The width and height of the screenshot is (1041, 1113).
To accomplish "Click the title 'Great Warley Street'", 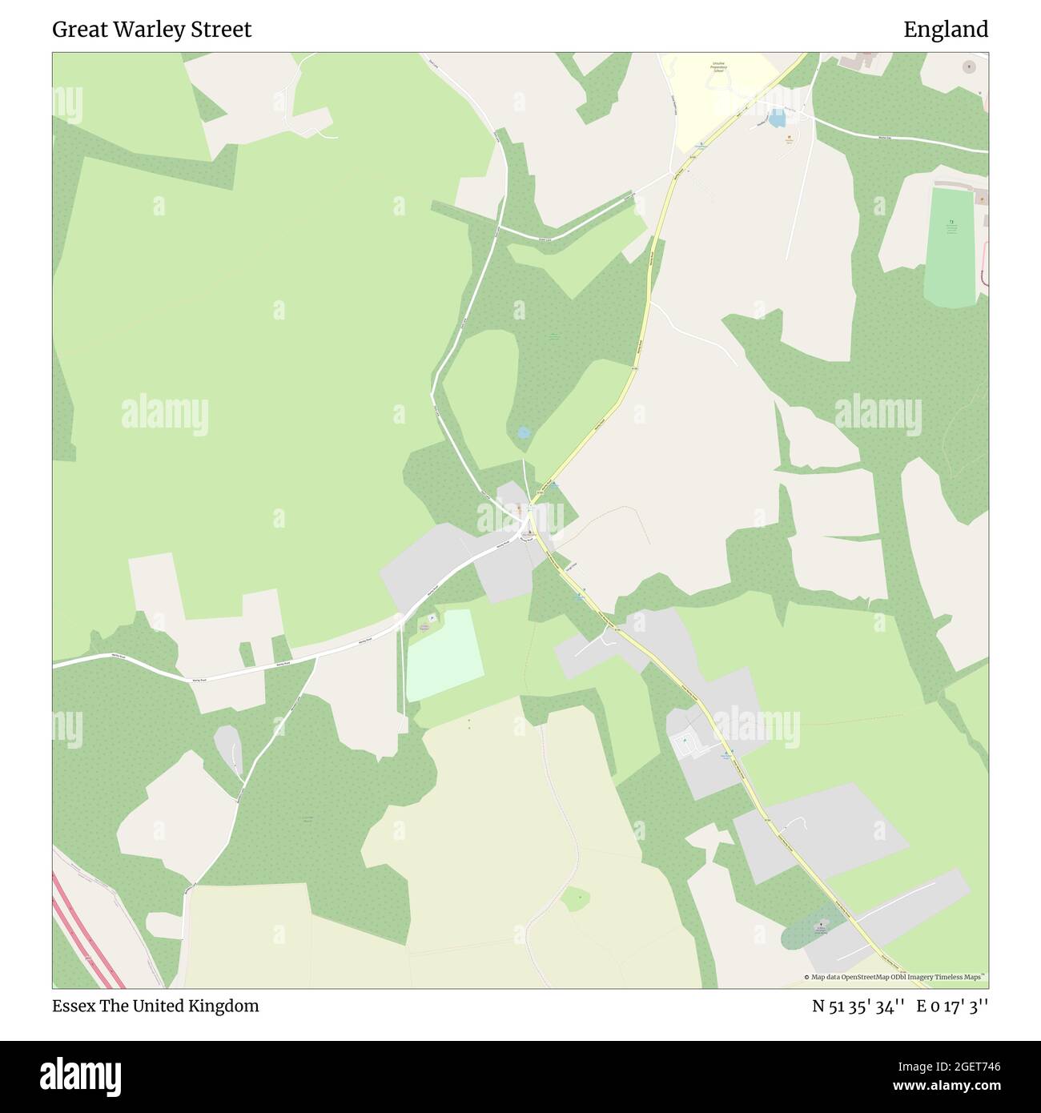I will coord(151,30).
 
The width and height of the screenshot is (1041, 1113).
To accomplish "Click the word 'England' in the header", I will coord(946,30).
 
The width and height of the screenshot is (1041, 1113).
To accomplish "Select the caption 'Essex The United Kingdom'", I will coord(155,1006).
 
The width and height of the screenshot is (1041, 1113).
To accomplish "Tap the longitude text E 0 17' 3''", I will coord(956,1006).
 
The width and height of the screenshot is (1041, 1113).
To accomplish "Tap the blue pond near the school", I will coord(775,120).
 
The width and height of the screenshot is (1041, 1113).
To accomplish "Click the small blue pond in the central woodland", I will coord(524,432).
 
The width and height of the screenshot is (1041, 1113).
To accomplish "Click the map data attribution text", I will coord(896,977).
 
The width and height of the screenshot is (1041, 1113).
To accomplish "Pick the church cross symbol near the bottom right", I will coord(819,924).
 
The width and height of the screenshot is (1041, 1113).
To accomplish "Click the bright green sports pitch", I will coord(951,248).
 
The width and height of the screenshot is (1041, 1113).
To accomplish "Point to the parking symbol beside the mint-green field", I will coord(431,618).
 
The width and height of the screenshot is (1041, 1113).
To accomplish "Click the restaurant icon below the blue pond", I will coord(790,139).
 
